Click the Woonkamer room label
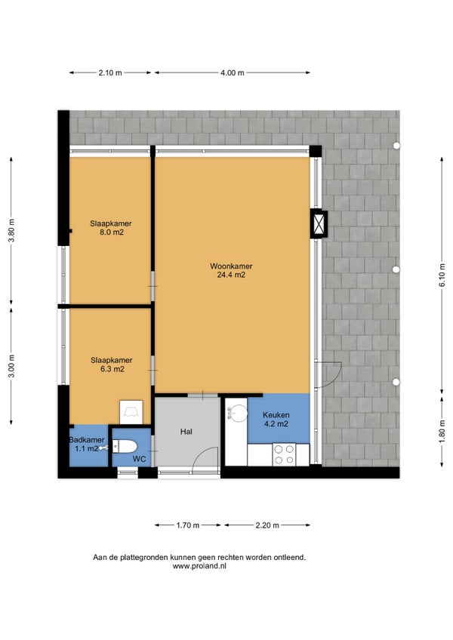point(231,266)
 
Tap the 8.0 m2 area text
point(112,232)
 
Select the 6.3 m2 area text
point(112,369)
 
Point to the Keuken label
point(276,414)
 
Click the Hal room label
point(186,432)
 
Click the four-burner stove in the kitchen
point(284,454)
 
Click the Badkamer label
point(87,440)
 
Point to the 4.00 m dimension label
point(233,73)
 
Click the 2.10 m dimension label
point(110,73)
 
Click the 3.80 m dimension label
point(12,231)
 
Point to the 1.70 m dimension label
point(188,525)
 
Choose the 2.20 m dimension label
point(267,525)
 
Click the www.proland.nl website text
point(199,566)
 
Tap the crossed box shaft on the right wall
point(319,223)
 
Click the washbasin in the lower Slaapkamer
point(131,412)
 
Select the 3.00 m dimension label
point(12,366)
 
